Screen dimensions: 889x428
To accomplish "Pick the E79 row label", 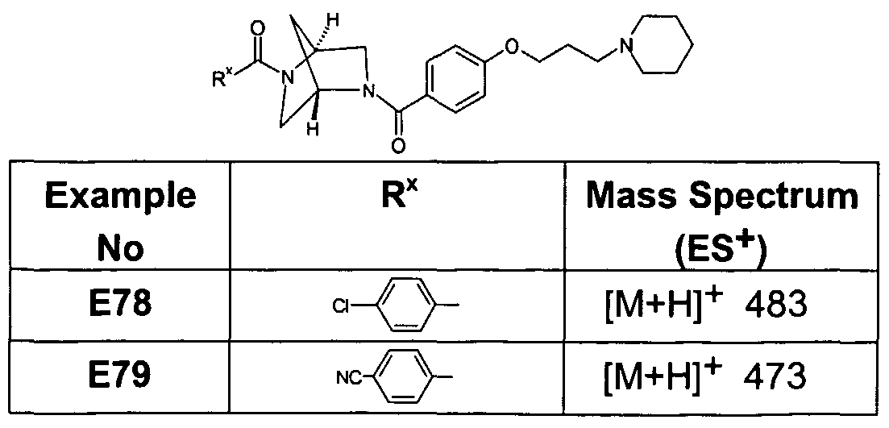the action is tap(118, 376).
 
